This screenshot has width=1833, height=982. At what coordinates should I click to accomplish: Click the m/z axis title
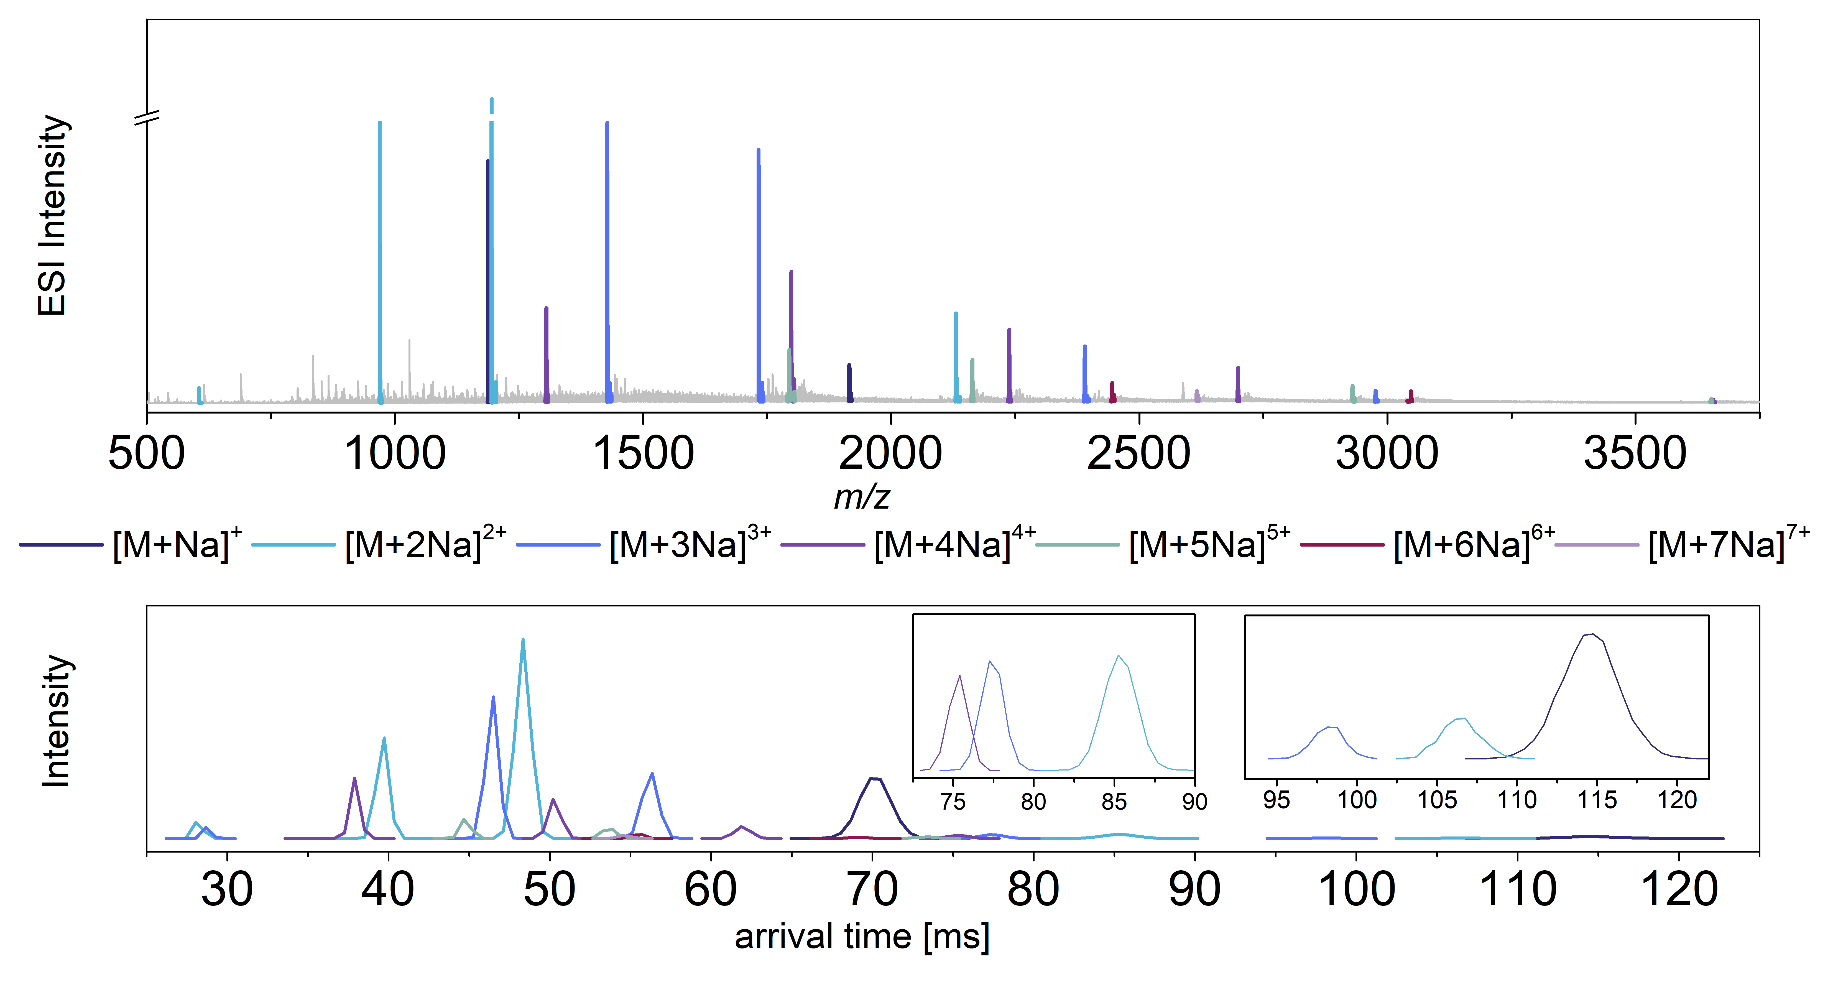(x=862, y=497)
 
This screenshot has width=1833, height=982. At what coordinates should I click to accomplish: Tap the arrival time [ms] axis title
(x=862, y=937)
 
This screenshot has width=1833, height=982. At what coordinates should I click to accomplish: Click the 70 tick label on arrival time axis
(x=872, y=889)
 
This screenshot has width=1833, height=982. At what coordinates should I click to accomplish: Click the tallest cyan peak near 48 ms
(x=523, y=641)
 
